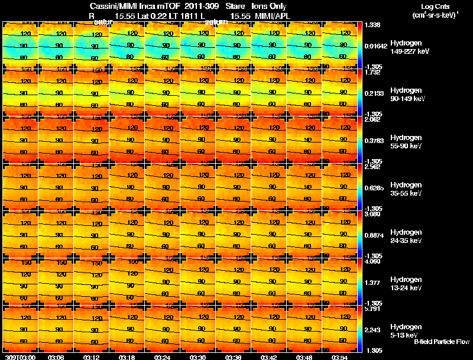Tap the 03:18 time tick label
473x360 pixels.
click(127, 357)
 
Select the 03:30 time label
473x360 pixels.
click(198, 357)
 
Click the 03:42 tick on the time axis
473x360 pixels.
click(269, 357)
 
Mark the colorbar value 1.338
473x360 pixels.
click(372, 25)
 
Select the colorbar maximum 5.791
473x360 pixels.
click(372, 309)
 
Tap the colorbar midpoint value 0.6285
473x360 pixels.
click(374, 189)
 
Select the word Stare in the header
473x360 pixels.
click(235, 6)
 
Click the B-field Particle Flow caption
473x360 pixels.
click(441, 342)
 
